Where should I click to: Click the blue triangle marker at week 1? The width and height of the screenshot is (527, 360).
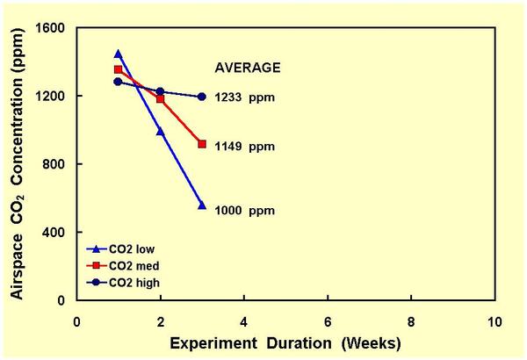(119, 54)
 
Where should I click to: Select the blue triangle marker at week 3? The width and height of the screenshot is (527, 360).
(202, 205)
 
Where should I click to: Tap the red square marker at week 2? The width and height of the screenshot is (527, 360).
(160, 98)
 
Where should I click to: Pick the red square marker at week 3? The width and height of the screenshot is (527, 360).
(202, 144)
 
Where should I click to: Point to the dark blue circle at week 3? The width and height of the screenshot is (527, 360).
(202, 97)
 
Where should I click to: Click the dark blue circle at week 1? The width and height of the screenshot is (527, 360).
(119, 82)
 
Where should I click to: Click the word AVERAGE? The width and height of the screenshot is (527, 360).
(248, 67)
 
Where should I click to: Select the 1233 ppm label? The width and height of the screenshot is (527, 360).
(245, 97)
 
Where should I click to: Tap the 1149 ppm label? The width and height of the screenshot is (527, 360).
(245, 147)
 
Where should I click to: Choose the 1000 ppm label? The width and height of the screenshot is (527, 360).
(245, 211)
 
